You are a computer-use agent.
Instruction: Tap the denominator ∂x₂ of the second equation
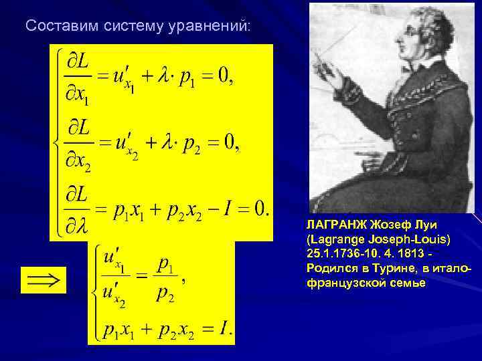76,160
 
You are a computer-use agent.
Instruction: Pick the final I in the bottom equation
226,328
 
